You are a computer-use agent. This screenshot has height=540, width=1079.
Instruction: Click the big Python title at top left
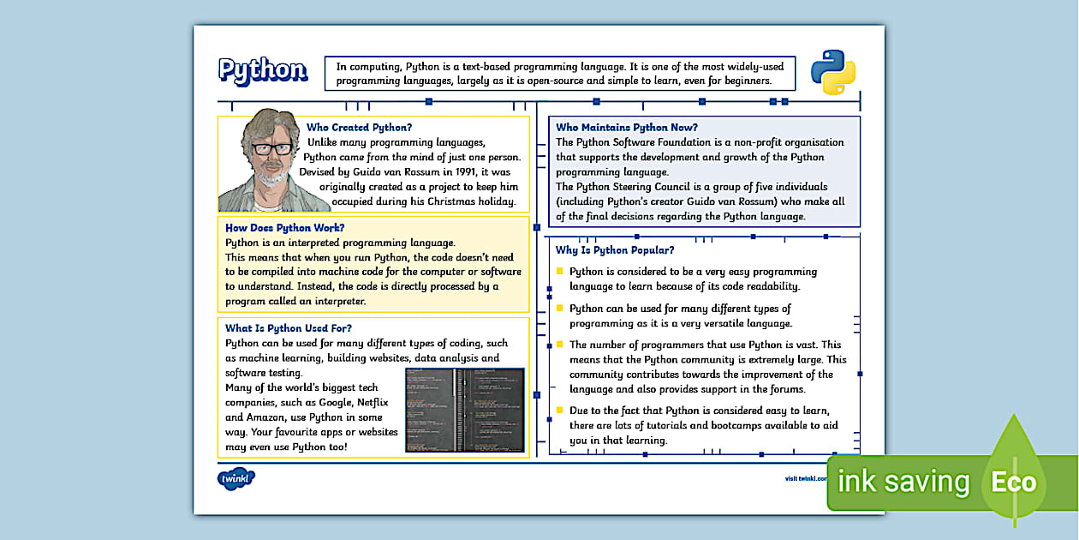262,70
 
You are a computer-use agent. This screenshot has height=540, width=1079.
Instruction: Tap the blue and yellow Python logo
833,72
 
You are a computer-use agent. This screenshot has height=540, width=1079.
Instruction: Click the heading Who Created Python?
359,128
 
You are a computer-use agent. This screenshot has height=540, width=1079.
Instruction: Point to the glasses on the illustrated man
271,147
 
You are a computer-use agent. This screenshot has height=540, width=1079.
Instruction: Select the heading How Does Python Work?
284,228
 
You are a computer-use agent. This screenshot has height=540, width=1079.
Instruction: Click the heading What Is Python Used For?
288,328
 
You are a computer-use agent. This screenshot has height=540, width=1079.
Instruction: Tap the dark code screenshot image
464,410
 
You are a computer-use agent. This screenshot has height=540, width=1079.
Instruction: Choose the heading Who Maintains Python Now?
627,128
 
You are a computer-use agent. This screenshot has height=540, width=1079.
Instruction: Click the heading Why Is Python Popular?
614,250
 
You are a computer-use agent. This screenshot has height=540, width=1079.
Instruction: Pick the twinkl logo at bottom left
235,478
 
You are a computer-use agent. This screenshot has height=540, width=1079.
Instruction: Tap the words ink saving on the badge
903,482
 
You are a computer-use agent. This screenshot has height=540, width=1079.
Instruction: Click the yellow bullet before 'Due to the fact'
561,411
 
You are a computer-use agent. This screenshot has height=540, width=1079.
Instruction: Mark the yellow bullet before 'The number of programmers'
561,345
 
